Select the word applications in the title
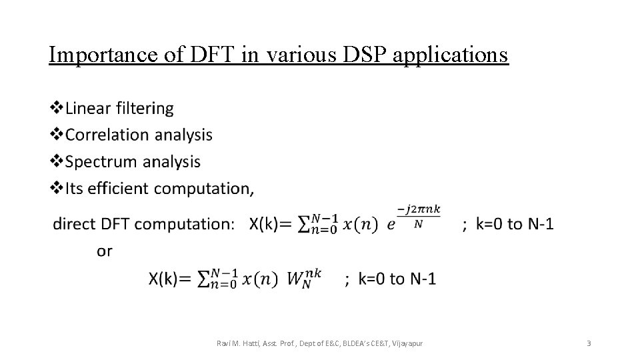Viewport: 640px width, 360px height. tap(451, 55)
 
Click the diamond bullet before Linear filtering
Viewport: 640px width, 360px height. tap(57, 107)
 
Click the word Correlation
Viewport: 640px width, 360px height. tap(107, 135)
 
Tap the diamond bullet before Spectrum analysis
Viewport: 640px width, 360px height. tap(57, 161)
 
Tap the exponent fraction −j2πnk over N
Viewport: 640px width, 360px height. tap(419, 217)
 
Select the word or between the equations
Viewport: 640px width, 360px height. tap(105, 251)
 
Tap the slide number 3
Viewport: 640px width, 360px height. tap(588, 343)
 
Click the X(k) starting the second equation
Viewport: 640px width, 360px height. tap(164, 279)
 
